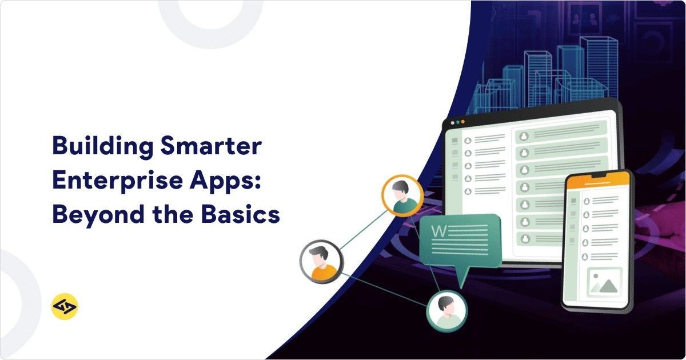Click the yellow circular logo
point(64,306)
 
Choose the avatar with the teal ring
point(446,311)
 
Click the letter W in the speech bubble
point(439,231)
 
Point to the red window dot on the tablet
point(453,122)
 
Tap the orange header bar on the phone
point(597,181)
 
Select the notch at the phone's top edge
point(597,173)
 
